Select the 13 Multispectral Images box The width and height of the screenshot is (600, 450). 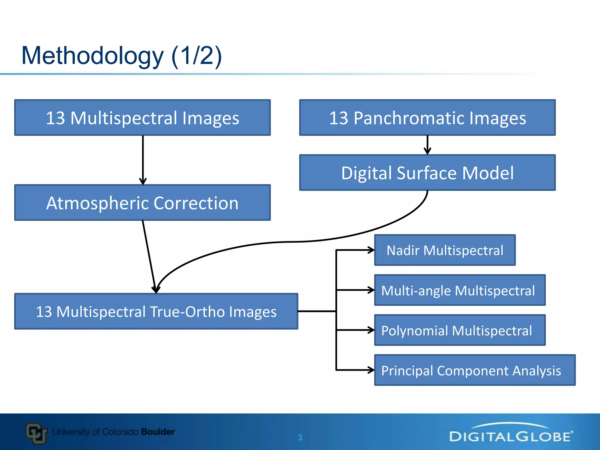142,117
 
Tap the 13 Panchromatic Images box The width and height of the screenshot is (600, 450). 427,117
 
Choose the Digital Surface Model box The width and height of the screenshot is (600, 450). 427,173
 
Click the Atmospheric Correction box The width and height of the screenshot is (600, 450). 142,203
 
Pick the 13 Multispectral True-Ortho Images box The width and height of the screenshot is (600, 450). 156,311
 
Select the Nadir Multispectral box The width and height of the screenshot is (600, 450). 445,250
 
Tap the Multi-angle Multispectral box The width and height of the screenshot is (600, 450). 460,290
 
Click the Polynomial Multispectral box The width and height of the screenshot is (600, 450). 460,330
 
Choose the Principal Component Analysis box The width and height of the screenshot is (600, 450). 475,370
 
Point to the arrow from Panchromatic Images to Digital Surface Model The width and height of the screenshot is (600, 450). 427,145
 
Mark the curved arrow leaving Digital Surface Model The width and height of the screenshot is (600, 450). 293,242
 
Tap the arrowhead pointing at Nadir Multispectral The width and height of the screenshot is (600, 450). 371,250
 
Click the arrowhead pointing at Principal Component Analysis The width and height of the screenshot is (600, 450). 371,370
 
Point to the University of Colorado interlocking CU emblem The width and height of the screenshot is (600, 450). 36,433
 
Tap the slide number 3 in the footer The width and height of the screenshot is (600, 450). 300,437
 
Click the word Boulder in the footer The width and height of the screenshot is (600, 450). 158,432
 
